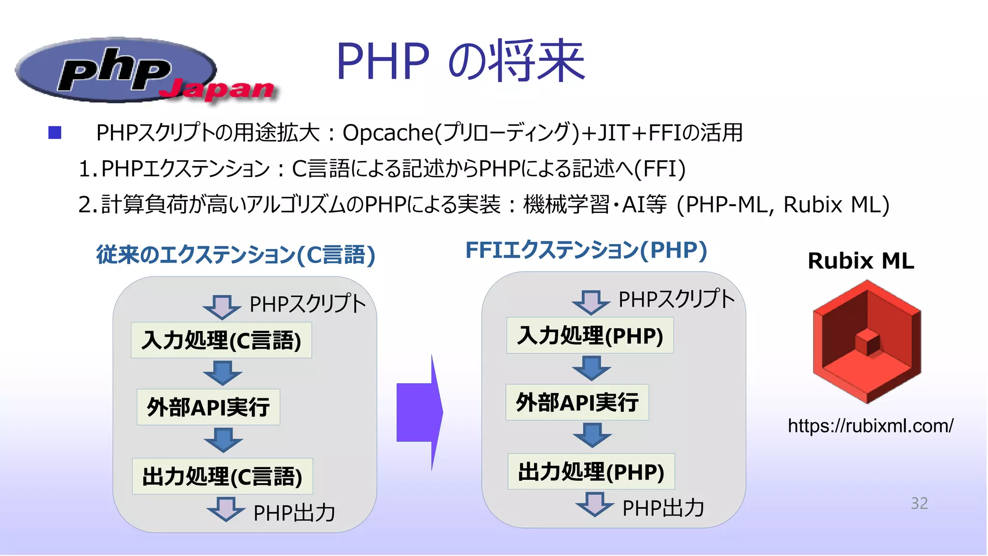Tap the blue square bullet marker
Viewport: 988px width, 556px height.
coord(55,133)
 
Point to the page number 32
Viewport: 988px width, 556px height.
coord(919,503)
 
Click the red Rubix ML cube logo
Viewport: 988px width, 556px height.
coord(867,342)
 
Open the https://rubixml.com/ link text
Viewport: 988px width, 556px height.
coord(870,426)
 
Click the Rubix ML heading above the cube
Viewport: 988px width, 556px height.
coord(861,261)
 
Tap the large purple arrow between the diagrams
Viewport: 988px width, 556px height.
coord(419,412)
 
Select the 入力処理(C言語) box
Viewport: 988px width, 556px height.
coord(221,340)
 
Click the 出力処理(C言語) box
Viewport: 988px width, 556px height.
coord(222,476)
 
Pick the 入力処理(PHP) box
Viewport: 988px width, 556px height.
coord(590,335)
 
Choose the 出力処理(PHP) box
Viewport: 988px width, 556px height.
coord(591,472)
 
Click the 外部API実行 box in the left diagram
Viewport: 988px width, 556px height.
coord(208,407)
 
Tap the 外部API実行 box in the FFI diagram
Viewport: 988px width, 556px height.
coord(577,402)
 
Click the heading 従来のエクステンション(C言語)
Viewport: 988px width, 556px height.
coord(235,255)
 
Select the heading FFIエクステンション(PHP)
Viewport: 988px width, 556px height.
coord(586,250)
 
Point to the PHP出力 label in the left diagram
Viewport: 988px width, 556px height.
coord(294,513)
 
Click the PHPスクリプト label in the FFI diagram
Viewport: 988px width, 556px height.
coord(676,299)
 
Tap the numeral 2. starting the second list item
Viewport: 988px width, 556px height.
coord(87,205)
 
